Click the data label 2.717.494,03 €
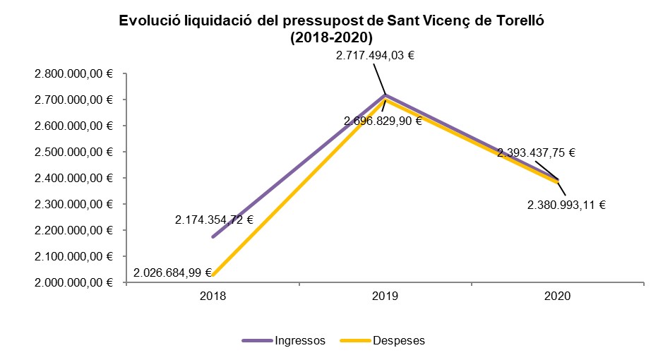(374, 56)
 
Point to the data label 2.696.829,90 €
(383, 121)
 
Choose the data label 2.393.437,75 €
(536, 152)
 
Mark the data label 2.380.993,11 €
(567, 205)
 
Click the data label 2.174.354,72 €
(215, 220)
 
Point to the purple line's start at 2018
(213, 236)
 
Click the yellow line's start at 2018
(213, 275)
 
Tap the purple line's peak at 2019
(385, 95)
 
